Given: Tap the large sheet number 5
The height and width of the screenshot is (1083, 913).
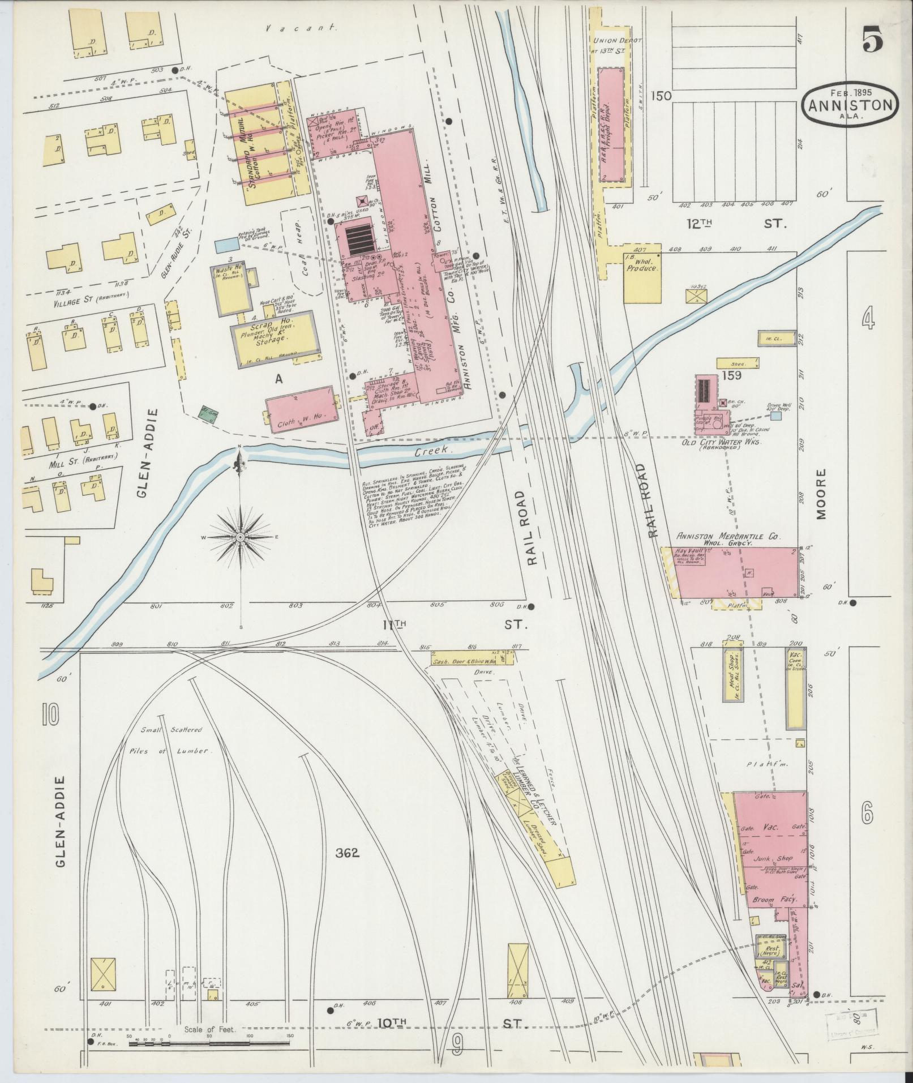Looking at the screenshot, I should pos(874,41).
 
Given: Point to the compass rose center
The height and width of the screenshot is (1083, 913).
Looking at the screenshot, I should pos(240,536).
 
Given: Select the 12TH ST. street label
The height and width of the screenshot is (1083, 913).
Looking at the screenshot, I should pos(736,224).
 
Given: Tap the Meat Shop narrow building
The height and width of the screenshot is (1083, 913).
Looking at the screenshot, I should pos(732,673).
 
